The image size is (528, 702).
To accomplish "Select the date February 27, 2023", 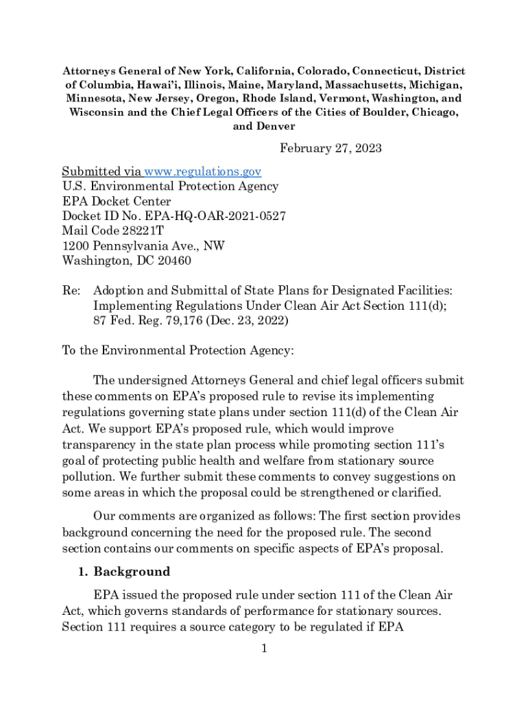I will point(331,149).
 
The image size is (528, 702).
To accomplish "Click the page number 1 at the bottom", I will point(263,649).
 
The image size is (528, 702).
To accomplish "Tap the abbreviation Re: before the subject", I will point(71,291).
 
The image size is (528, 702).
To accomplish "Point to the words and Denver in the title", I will point(264,126).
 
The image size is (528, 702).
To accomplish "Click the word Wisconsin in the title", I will point(95,112).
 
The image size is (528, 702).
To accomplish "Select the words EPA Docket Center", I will point(117,202).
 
